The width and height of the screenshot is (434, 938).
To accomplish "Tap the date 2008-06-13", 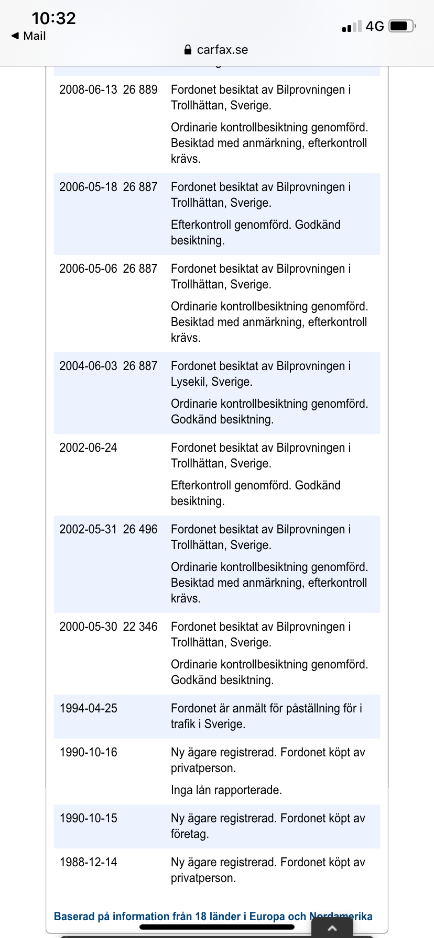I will pyautogui.click(x=88, y=90).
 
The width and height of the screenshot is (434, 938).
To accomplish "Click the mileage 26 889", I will pyautogui.click(x=140, y=90).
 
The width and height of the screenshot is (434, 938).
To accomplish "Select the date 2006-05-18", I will pyautogui.click(x=88, y=187).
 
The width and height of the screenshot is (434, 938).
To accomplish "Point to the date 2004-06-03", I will pyautogui.click(x=88, y=366).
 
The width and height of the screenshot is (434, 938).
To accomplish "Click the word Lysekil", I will pyautogui.click(x=188, y=382).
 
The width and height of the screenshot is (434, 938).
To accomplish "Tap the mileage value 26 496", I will pyautogui.click(x=140, y=529).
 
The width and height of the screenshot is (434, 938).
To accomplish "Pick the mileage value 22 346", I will pyautogui.click(x=140, y=627).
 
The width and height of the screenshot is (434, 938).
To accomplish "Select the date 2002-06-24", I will pyautogui.click(x=88, y=448).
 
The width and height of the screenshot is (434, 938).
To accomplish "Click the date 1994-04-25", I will pyautogui.click(x=88, y=708).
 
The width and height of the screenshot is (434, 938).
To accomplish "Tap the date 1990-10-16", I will pyautogui.click(x=88, y=752).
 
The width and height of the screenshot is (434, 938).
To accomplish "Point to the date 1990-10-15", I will pyautogui.click(x=88, y=818).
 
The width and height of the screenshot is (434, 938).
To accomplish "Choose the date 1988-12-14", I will pyautogui.click(x=88, y=862).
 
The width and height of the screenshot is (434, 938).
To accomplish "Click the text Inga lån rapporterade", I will pyautogui.click(x=226, y=790).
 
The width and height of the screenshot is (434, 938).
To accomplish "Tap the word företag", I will pyautogui.click(x=189, y=834).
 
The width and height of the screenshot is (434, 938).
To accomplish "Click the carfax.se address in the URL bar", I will pyautogui.click(x=222, y=50).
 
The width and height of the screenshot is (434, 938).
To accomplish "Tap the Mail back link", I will pyautogui.click(x=29, y=36).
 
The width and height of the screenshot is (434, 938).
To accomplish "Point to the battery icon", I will pyautogui.click(x=402, y=26).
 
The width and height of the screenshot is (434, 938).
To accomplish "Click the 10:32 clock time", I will pyautogui.click(x=53, y=18).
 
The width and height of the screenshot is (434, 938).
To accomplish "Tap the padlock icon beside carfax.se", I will pyautogui.click(x=188, y=50).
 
